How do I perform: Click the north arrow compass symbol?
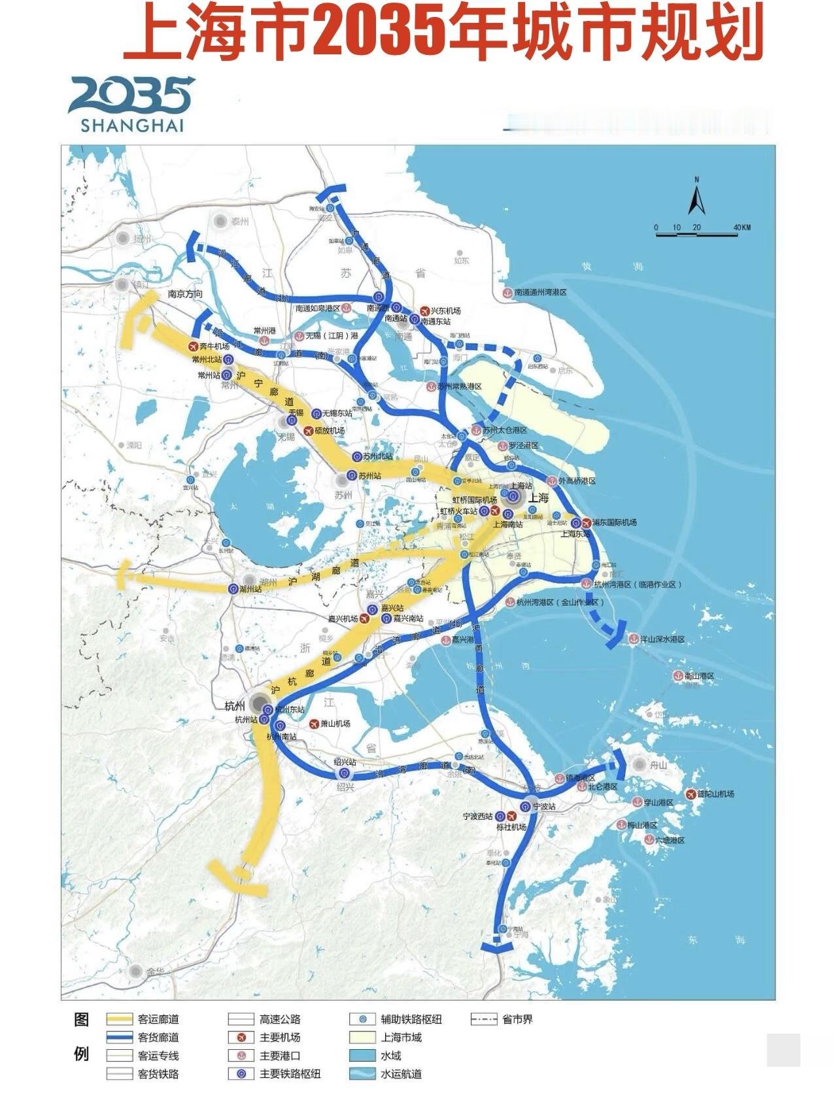pyautogui.click(x=696, y=197)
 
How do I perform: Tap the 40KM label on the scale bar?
pyautogui.click(x=742, y=227)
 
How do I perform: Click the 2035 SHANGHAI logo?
pyautogui.click(x=131, y=104)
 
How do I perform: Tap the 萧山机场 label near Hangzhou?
pyautogui.click(x=335, y=724)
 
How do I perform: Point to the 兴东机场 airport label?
pyautogui.click(x=445, y=311)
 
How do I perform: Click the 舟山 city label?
pyautogui.click(x=658, y=765)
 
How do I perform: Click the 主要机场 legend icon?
pyautogui.click(x=241, y=1037)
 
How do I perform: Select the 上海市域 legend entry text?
pyautogui.click(x=401, y=1037)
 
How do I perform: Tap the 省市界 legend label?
pyautogui.click(x=517, y=1019)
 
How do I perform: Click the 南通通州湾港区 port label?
pyautogui.click(x=540, y=292)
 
